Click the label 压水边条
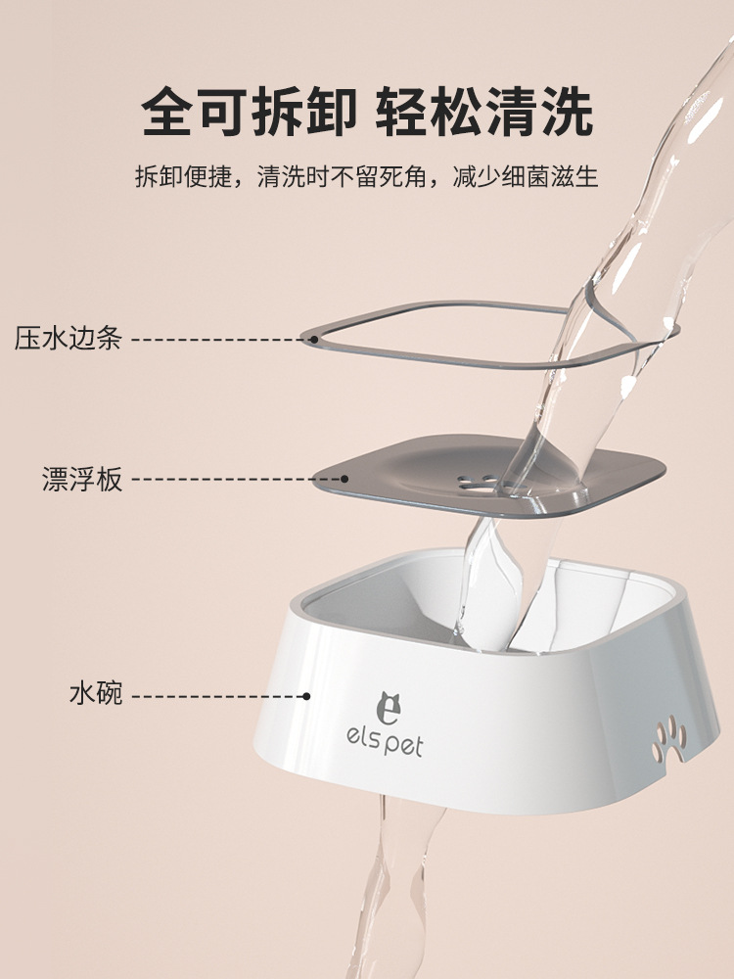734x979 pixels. pyautogui.click(x=69, y=338)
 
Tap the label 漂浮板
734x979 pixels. pyautogui.click(x=82, y=479)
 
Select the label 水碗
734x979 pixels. pyautogui.click(x=96, y=694)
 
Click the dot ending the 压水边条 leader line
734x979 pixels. pyautogui.click(x=314, y=340)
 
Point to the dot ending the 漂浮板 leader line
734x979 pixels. pyautogui.click(x=344, y=479)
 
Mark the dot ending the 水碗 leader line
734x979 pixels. pyautogui.click(x=306, y=695)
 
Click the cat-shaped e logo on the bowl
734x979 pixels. pyautogui.click(x=388, y=708)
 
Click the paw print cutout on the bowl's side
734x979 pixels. pyautogui.click(x=669, y=739)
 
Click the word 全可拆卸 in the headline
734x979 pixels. pyautogui.click(x=249, y=113)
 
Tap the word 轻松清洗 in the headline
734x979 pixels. pyautogui.click(x=484, y=113)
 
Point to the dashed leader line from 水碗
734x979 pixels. pyautogui.click(x=217, y=696)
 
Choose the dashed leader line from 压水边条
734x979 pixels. pyautogui.click(x=221, y=340)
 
